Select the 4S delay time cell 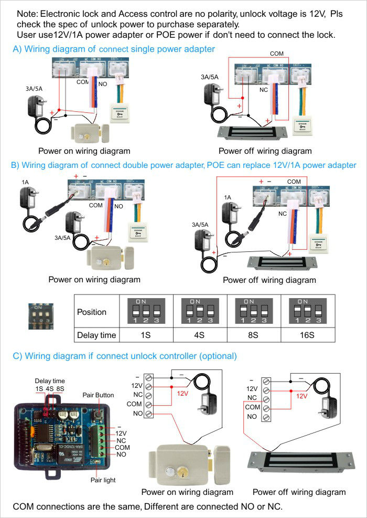[199, 334]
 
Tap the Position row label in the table [92, 312]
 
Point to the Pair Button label [98, 395]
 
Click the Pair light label [103, 480]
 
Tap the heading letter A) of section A [17, 49]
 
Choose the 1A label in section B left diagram [25, 182]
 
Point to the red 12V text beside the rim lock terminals [182, 393]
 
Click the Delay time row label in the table [96, 334]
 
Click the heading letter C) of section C [17, 356]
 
